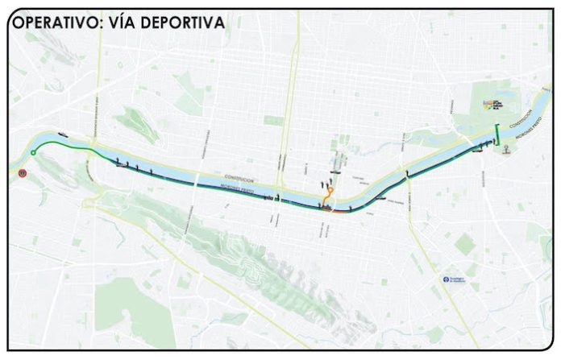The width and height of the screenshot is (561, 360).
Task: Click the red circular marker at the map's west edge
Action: (22, 172)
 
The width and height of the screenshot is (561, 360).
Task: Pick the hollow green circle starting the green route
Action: (33, 152)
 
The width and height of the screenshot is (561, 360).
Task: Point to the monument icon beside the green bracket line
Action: (506, 150)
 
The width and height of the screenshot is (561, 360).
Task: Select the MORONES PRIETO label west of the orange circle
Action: (242, 190)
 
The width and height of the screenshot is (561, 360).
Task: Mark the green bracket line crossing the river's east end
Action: (497, 133)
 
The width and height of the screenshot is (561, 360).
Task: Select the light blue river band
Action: (202, 178)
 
